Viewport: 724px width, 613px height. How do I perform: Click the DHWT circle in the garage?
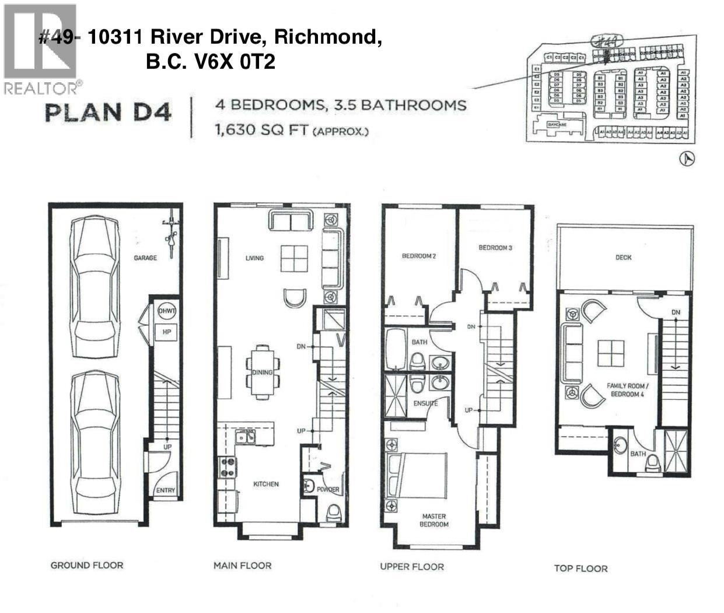(167, 311)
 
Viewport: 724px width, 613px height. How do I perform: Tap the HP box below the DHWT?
(166, 332)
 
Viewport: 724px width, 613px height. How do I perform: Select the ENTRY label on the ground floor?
(166, 490)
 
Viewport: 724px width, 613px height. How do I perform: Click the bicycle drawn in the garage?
(171, 232)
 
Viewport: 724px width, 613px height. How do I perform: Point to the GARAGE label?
(145, 257)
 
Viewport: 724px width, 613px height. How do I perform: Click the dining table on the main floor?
(263, 372)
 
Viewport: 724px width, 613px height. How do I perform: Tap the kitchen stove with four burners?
(228, 467)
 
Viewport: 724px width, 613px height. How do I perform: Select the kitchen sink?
(245, 437)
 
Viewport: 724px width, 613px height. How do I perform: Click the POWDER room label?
(328, 490)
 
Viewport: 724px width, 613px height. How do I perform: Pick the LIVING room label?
(254, 258)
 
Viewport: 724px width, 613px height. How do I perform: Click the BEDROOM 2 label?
(419, 256)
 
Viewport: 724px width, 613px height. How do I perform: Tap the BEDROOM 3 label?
(495, 248)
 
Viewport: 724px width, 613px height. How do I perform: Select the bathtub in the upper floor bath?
(397, 349)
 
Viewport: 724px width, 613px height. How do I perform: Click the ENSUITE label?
(426, 403)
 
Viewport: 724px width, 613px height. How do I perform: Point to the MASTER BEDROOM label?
(434, 520)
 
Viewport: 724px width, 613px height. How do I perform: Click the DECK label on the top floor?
(623, 257)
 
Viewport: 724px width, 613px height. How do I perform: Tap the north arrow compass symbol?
(689, 158)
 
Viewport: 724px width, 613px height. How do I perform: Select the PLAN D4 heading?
(109, 112)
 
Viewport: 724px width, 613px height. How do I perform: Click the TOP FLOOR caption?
(580, 569)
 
